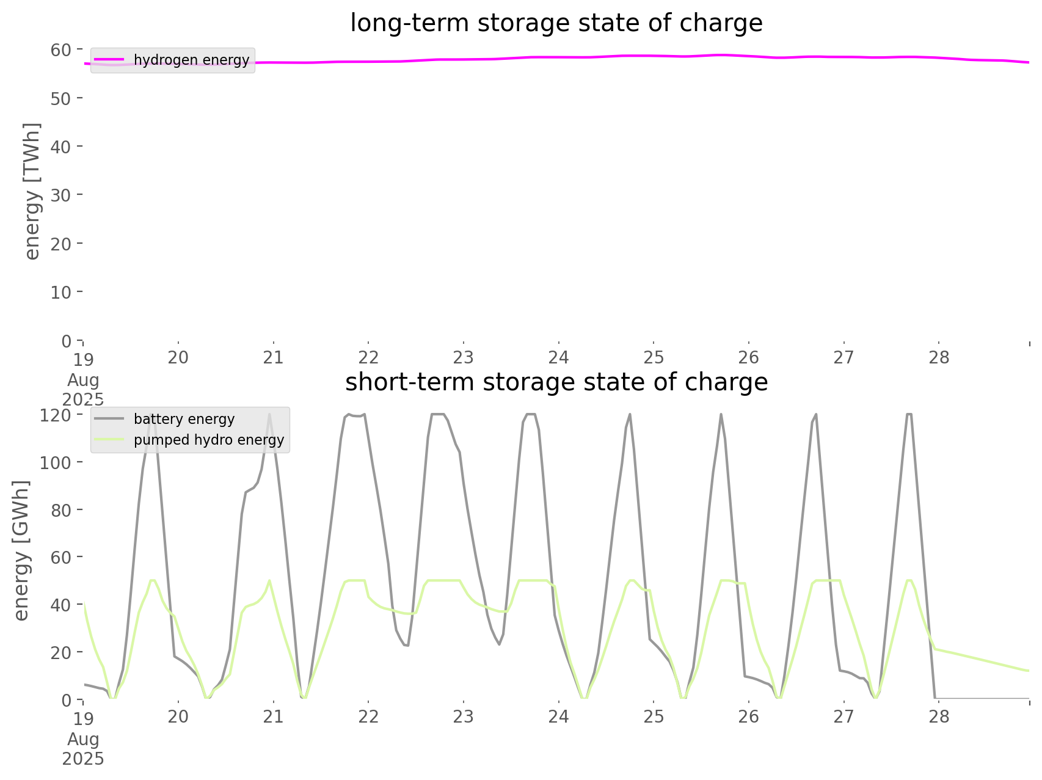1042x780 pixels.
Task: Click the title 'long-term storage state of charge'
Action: point(556,23)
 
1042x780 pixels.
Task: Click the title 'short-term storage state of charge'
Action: point(556,382)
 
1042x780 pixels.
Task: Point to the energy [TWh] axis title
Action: point(32,191)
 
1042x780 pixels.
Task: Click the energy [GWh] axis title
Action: point(21,550)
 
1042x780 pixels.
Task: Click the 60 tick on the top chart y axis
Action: point(61,49)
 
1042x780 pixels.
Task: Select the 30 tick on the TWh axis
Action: point(61,195)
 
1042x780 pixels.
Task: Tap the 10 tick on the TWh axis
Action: point(61,292)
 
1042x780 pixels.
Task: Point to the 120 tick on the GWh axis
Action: point(56,415)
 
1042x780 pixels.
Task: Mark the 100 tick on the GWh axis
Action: point(56,462)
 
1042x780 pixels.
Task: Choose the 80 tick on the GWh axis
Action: point(61,510)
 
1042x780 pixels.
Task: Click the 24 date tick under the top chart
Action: point(558,357)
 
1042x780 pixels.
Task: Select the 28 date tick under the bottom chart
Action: point(939,716)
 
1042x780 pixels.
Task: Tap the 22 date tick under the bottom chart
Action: point(368,716)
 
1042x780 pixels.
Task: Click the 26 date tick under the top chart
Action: point(749,357)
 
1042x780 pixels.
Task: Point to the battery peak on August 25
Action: point(721,415)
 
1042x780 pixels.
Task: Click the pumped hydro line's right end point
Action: point(1029,671)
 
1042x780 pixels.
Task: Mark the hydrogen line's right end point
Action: point(1029,62)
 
